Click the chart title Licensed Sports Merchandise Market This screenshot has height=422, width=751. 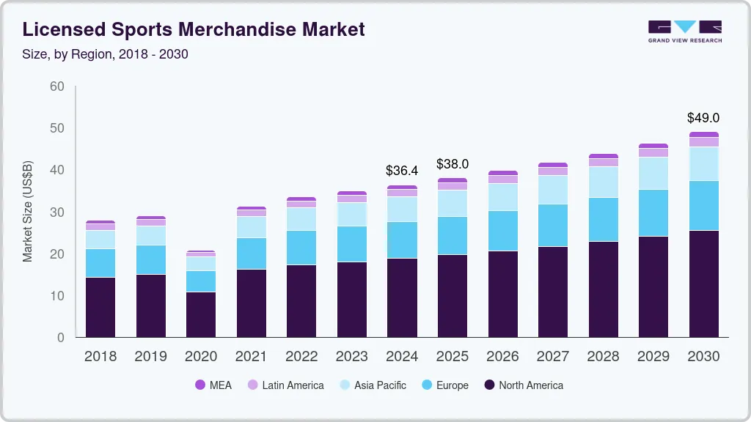194,30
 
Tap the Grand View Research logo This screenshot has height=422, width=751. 684,31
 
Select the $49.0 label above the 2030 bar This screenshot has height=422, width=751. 703,118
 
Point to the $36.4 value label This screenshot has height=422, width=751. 402,171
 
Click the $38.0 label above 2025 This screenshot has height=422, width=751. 452,163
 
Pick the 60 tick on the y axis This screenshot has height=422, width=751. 56,86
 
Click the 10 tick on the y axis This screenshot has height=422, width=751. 56,296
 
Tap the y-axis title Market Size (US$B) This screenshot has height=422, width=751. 27,212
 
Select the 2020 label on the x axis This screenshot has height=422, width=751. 200,357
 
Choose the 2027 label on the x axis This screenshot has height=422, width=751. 552,357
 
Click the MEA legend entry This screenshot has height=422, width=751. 213,385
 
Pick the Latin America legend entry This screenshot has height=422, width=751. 285,385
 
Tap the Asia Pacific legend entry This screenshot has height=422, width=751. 372,385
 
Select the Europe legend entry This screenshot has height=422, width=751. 444,385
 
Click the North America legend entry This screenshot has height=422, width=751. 523,385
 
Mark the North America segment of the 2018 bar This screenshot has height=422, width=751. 100,307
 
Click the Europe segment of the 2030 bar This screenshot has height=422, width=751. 703,206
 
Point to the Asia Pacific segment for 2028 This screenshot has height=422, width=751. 603,182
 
